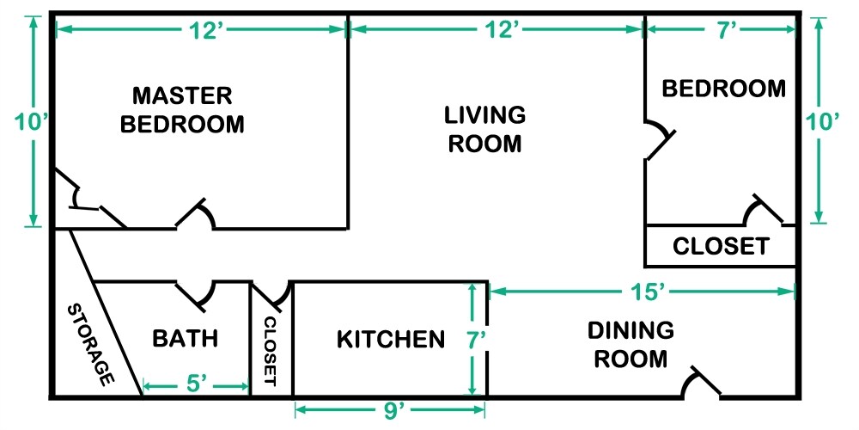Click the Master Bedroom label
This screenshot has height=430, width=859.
coord(182,108)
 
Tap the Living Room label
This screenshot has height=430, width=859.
coord(484,128)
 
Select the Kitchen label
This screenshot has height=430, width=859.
coord(391,339)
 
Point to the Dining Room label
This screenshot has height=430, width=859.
coord(631,344)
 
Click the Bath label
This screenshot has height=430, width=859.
coord(185,339)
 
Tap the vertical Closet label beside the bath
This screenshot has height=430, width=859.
coord(271,350)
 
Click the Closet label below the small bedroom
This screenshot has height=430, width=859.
coord(720,247)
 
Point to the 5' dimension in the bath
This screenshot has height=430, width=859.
coord(196,385)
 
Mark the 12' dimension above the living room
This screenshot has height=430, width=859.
coord(499,30)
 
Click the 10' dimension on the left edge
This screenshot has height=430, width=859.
coord(33,123)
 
